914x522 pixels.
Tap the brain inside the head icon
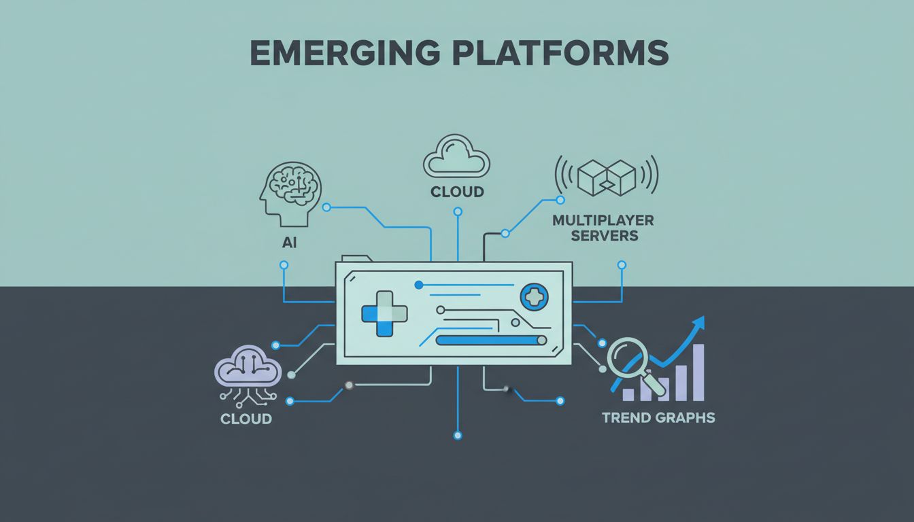296,181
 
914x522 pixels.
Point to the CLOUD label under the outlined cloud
457,192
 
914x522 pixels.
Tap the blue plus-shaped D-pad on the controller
384,313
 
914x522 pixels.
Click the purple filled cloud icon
248,370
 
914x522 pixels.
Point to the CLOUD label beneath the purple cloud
246,419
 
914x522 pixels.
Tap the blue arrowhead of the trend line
698,324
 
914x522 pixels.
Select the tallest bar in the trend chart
698,372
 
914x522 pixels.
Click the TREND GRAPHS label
658,417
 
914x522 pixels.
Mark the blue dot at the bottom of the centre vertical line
457,435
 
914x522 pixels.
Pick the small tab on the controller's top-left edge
356,258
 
